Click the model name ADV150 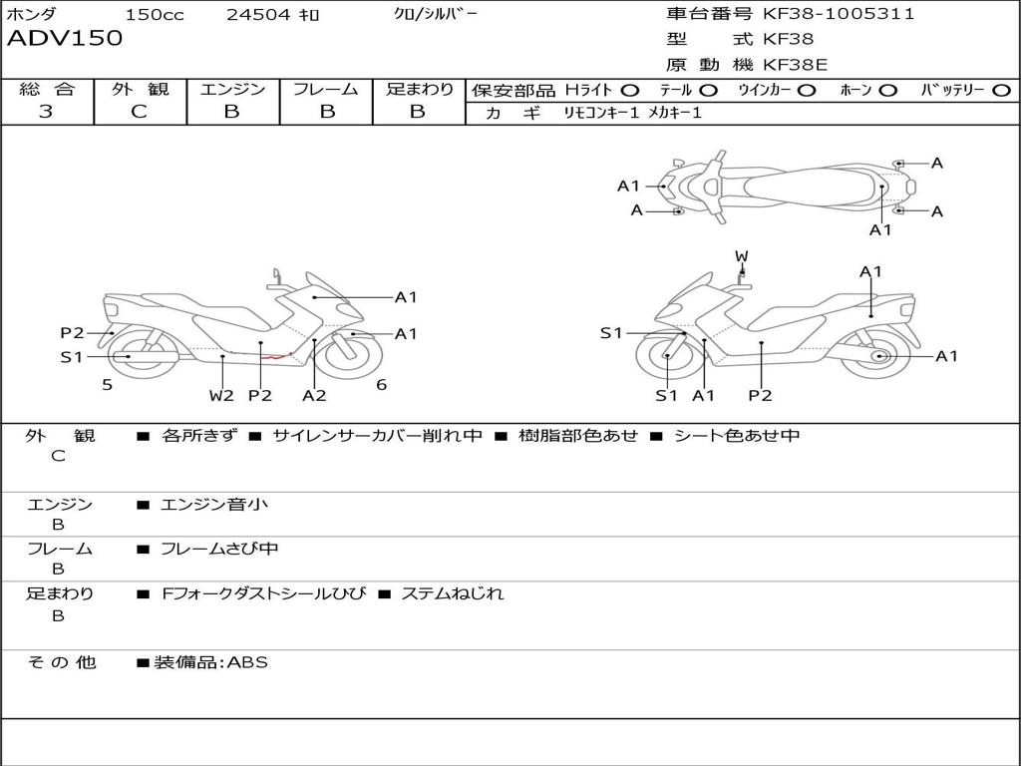click(x=65, y=39)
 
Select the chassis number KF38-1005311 click(x=839, y=14)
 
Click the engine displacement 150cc click(x=155, y=15)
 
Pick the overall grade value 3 click(x=46, y=112)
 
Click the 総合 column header click(x=47, y=90)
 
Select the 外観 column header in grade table click(x=140, y=90)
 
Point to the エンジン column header click(x=232, y=90)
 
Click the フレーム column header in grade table click(x=326, y=90)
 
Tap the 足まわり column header click(x=419, y=90)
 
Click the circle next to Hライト click(x=630, y=91)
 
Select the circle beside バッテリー click(x=1001, y=91)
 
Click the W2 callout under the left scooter click(x=221, y=395)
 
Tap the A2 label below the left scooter click(x=314, y=395)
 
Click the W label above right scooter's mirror click(x=741, y=256)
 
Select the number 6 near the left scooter click(x=381, y=384)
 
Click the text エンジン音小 click(x=214, y=505)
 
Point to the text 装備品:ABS click(x=210, y=662)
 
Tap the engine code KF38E click(x=795, y=66)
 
